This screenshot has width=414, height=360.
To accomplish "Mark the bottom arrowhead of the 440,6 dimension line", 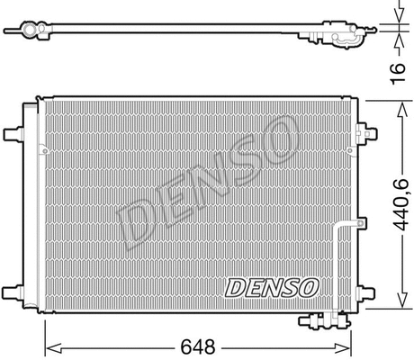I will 399,304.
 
